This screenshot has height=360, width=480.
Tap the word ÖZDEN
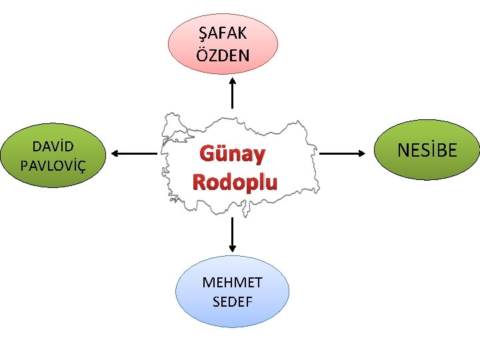[223, 55]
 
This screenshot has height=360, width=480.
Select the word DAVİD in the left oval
[53, 145]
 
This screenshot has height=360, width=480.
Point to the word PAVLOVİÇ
[53, 164]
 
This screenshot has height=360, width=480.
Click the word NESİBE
[427, 150]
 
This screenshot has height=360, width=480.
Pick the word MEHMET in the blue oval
[232, 282]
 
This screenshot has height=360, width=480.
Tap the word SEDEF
[232, 301]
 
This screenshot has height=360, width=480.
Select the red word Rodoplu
[235, 182]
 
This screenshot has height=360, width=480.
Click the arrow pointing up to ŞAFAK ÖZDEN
[232, 93]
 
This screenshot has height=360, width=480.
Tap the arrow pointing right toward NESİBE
[347, 154]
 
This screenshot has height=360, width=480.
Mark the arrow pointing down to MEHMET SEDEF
[232, 233]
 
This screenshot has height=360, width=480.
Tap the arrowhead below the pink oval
[232, 80]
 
